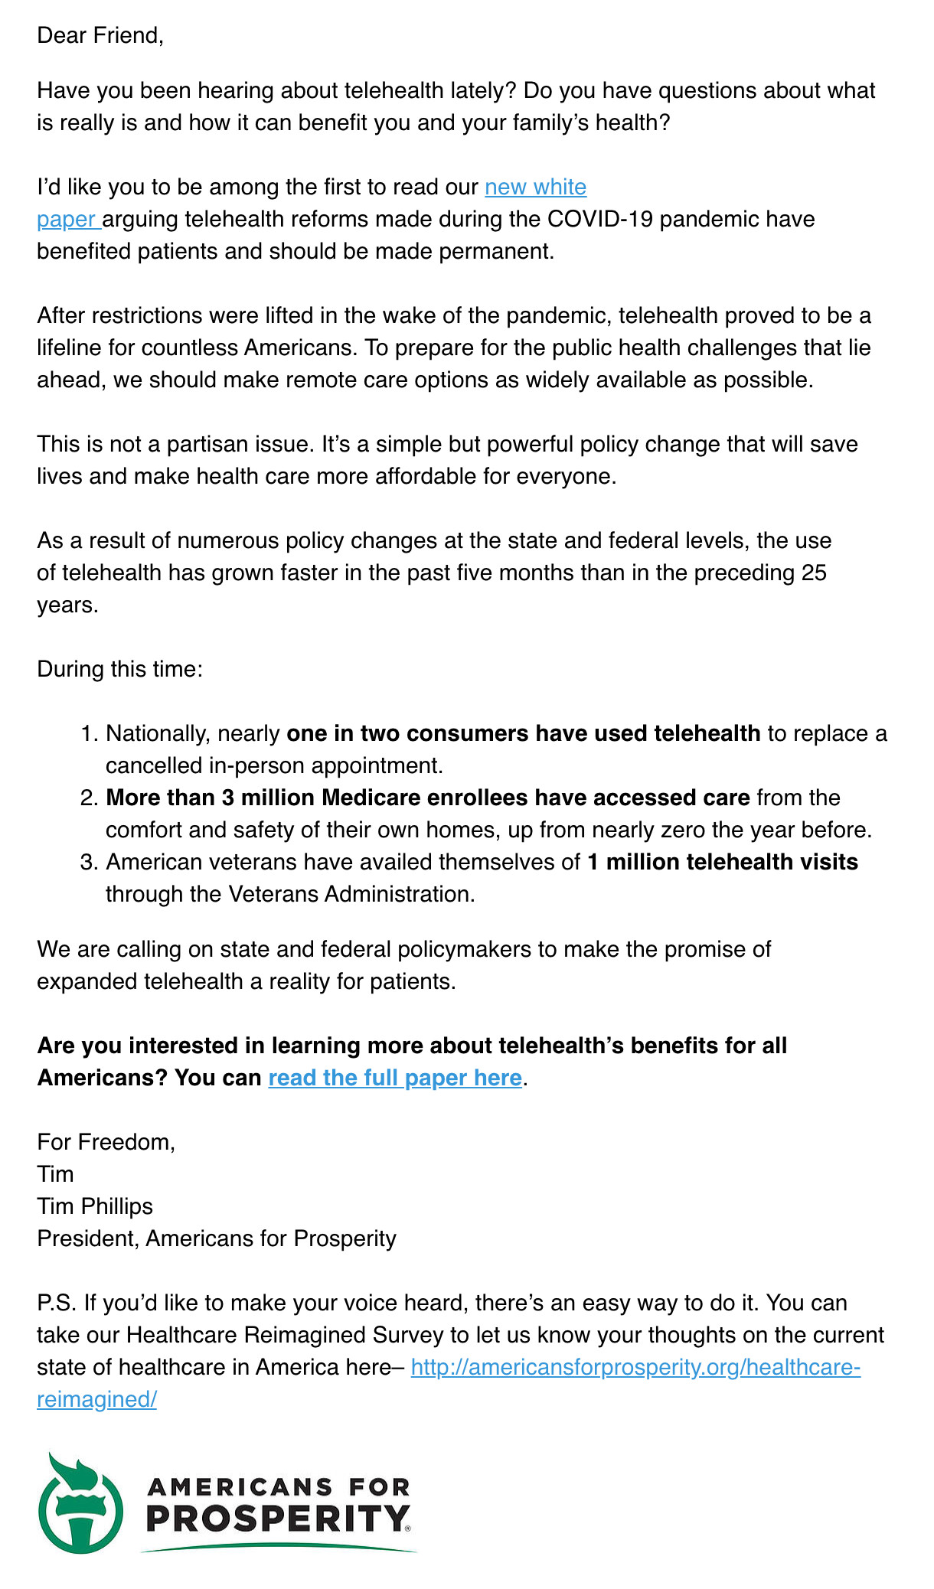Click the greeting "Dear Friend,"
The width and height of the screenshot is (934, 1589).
(x=100, y=35)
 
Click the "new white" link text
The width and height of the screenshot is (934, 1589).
(x=535, y=187)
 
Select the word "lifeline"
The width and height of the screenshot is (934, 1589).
(x=69, y=347)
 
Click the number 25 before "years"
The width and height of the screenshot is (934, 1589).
(x=814, y=573)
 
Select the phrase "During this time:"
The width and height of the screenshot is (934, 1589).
(x=119, y=669)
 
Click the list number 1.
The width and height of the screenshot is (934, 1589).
(x=88, y=733)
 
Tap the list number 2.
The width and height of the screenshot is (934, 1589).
(x=88, y=798)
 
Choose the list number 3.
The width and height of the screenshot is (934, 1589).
(x=88, y=862)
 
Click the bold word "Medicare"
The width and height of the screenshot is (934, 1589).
(x=370, y=798)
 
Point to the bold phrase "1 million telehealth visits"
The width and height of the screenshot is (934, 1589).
(x=723, y=862)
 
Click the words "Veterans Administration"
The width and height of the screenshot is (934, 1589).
(x=350, y=894)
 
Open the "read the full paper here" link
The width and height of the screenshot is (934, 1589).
(x=395, y=1078)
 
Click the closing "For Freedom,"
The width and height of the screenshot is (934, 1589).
(x=106, y=1142)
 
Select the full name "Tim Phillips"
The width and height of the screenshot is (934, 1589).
(x=95, y=1206)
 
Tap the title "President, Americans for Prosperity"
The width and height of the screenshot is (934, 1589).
(x=217, y=1238)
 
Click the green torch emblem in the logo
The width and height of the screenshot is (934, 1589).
(x=80, y=1503)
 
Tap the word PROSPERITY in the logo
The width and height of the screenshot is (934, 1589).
(x=277, y=1518)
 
